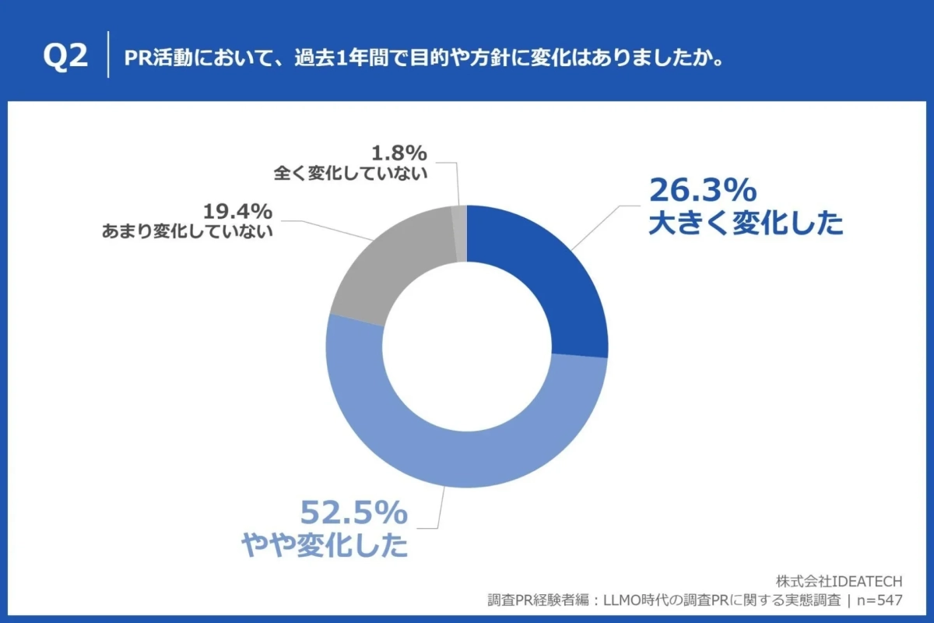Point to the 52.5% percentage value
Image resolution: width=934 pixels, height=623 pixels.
354,512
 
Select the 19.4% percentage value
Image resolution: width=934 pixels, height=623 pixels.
237,211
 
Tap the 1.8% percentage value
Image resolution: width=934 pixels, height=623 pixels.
398,153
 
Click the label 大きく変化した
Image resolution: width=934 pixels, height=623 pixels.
746,224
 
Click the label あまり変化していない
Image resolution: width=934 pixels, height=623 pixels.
188,231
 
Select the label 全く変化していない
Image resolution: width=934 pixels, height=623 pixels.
351,173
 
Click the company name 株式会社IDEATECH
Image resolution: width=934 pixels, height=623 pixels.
839,582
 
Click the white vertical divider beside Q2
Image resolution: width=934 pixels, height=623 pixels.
107,55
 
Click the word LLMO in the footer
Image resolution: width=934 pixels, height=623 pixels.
614,600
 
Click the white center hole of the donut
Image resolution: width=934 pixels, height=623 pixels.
467,347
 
